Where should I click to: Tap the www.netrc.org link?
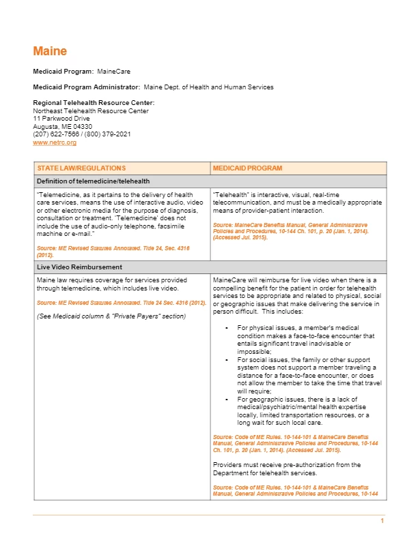(55, 142)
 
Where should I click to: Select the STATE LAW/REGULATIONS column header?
(81, 168)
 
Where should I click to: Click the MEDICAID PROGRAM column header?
(247, 168)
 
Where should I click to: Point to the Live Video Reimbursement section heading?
(80, 267)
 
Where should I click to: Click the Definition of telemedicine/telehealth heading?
(94, 181)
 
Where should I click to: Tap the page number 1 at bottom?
(382, 521)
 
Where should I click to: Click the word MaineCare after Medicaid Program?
(113, 71)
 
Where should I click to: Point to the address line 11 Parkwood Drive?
(61, 119)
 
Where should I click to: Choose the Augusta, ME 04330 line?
(63, 127)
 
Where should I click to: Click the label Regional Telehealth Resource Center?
(89, 103)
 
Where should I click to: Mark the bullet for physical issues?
(226, 328)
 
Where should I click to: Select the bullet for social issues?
(226, 357)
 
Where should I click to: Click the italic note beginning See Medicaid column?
(111, 316)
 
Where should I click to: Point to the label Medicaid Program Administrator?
(87, 87)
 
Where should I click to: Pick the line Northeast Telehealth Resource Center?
(91, 110)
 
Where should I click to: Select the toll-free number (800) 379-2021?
(107, 134)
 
